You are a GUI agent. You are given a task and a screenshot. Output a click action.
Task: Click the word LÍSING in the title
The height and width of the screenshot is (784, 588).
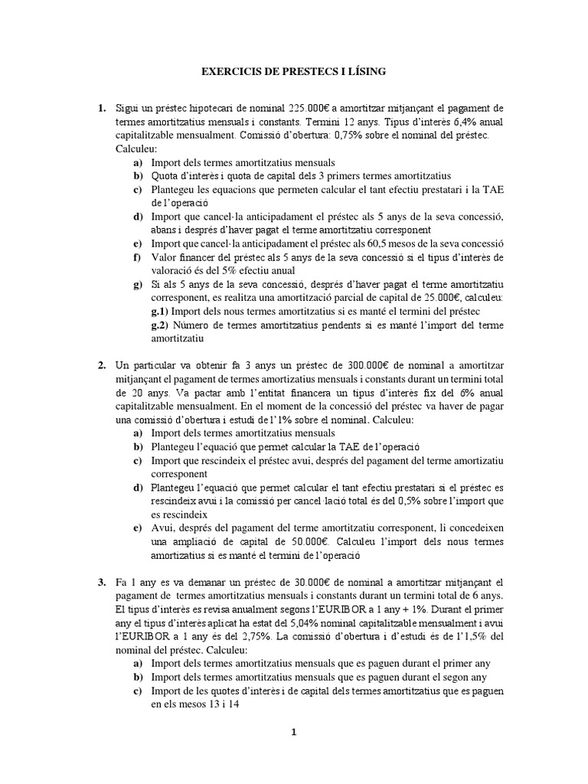point(365,71)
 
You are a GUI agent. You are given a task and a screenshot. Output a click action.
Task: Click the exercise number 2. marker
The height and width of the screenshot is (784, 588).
point(101,365)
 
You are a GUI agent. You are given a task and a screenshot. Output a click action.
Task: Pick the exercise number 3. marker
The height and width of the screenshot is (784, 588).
point(101,583)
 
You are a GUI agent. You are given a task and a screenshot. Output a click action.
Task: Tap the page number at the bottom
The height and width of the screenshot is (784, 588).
point(293,732)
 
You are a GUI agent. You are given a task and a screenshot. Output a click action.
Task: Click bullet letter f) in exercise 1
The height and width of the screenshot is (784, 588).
point(137,256)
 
